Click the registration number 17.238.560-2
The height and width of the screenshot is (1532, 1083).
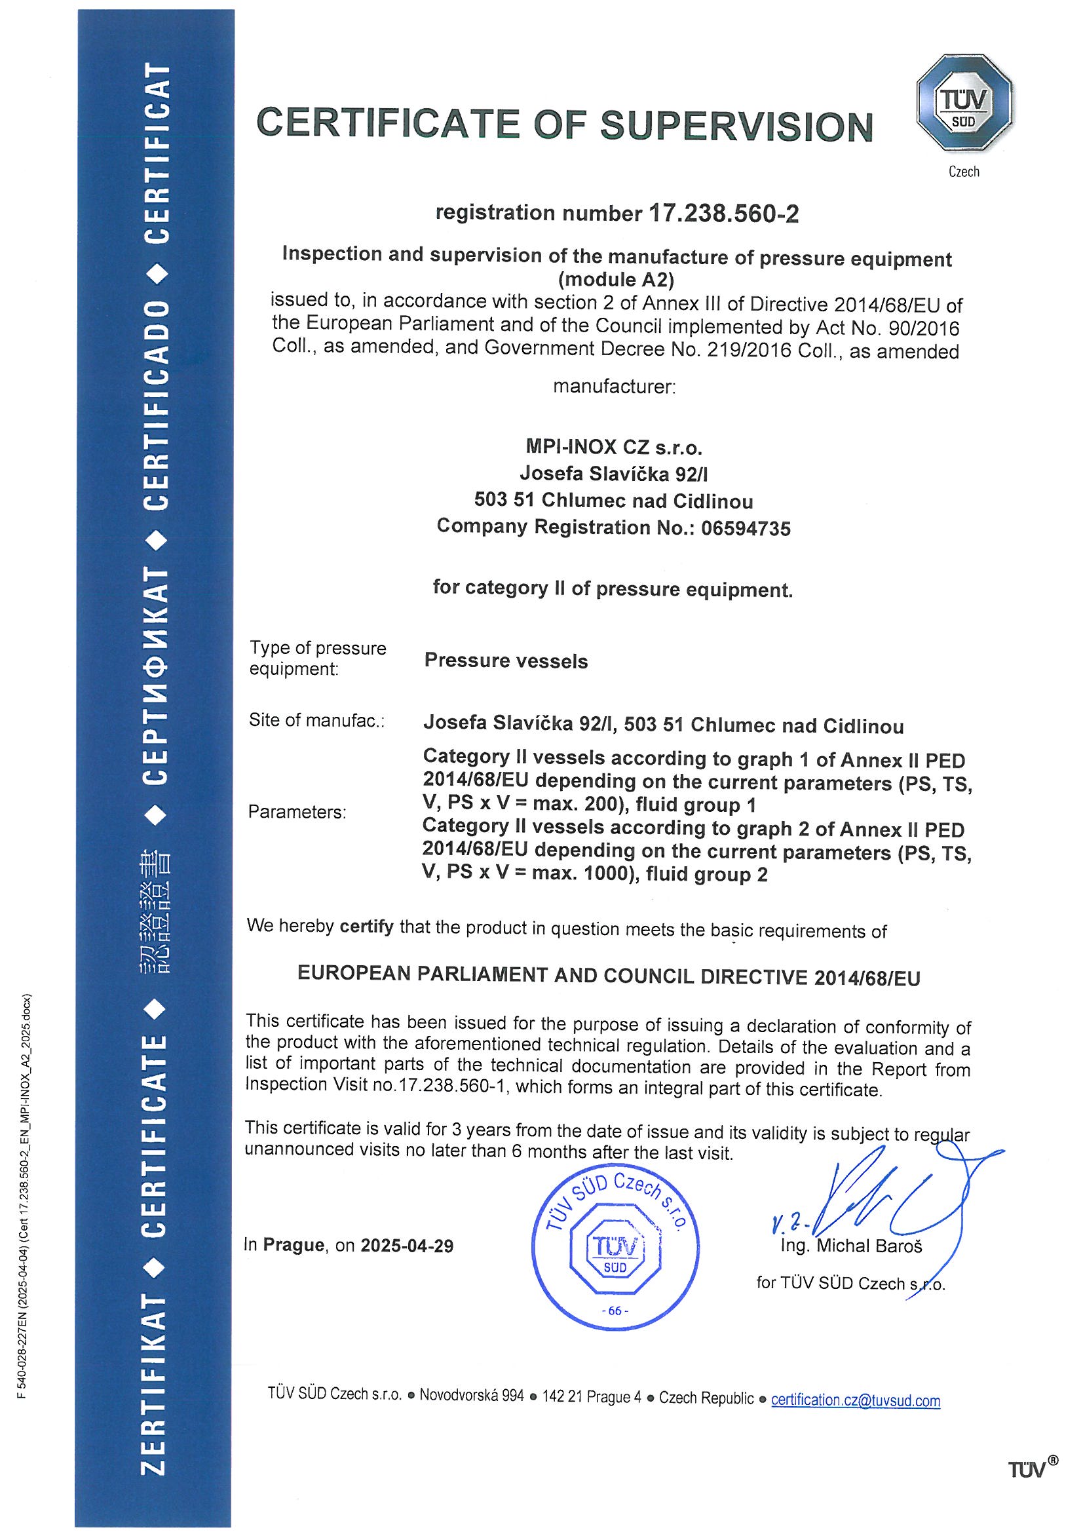tap(723, 214)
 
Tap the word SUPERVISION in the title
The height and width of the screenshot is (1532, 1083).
tap(736, 126)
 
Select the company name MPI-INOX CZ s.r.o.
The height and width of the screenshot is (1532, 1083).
tap(614, 446)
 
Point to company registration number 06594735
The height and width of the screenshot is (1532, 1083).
tap(746, 528)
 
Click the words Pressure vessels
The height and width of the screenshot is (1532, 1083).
tap(506, 661)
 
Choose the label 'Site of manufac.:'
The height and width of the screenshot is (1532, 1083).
tap(317, 721)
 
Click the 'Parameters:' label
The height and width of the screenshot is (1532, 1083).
tap(297, 812)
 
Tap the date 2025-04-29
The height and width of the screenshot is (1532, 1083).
tap(407, 1246)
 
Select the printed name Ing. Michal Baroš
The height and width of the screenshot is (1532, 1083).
tap(852, 1246)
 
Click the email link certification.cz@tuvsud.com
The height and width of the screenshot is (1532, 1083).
tap(856, 1400)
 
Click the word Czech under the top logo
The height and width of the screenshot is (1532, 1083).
tap(964, 172)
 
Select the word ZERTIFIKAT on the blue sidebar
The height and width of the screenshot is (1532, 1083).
tap(154, 1385)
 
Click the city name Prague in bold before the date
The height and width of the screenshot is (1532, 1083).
tap(293, 1245)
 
